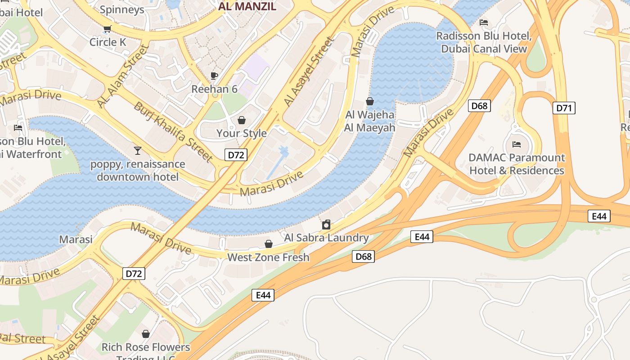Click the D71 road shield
pyautogui.click(x=564, y=108)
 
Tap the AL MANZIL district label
pyautogui.click(x=247, y=7)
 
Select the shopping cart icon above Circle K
pyautogui.click(x=107, y=29)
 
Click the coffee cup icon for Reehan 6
pyautogui.click(x=214, y=76)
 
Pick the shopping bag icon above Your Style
pyautogui.click(x=242, y=120)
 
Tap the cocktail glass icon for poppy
pyautogui.click(x=138, y=150)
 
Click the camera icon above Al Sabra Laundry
pyautogui.click(x=326, y=225)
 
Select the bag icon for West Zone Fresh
pyautogui.click(x=269, y=244)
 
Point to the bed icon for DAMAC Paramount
pyautogui.click(x=517, y=144)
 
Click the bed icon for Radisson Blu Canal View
pyautogui.click(x=484, y=22)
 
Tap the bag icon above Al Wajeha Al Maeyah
pyautogui.click(x=370, y=101)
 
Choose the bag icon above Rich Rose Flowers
pyautogui.click(x=146, y=334)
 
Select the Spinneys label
pyautogui.click(x=121, y=9)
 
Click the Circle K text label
pyautogui.click(x=108, y=42)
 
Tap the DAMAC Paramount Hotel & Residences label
pyautogui.click(x=517, y=164)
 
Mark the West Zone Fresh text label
pyautogui.click(x=268, y=257)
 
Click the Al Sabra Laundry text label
pyautogui.click(x=326, y=238)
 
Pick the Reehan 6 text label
pyautogui.click(x=214, y=89)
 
